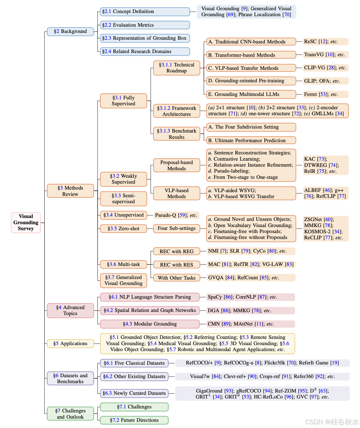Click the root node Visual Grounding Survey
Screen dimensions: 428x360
point(26,223)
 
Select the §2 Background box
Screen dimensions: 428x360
point(70,32)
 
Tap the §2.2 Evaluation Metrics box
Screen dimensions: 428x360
point(145,25)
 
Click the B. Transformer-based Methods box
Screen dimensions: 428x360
point(251,55)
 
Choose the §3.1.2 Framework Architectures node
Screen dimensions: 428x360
point(177,111)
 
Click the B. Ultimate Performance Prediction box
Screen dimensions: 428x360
point(251,140)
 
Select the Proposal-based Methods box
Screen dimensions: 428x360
point(177,165)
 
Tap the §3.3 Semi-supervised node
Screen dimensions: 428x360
point(124,199)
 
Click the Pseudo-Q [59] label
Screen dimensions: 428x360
point(176,215)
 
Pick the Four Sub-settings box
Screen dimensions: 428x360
point(177,228)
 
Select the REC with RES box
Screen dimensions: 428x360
point(177,265)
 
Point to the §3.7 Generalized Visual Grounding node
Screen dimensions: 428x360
point(124,280)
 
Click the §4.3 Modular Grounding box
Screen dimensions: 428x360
point(150,324)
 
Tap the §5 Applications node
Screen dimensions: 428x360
point(70,343)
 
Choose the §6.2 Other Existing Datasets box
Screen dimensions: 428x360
point(134,377)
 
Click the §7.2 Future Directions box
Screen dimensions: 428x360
point(134,420)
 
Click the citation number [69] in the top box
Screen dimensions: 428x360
point(230,14)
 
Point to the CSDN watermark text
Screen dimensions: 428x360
point(332,422)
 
